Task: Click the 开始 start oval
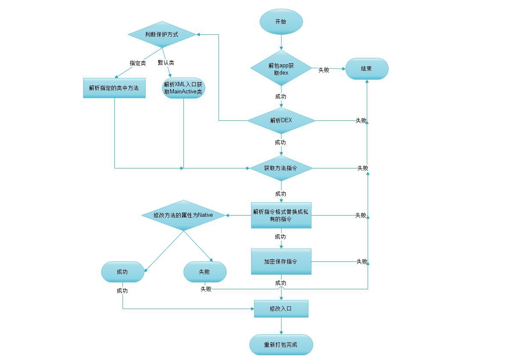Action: (281, 21)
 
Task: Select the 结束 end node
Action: (367, 69)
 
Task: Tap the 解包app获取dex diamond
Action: (281, 68)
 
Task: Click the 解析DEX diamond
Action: (281, 120)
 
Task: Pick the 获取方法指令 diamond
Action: (281, 168)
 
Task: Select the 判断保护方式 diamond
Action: (162, 34)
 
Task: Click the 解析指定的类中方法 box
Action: (114, 88)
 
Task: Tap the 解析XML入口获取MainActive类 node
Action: (183, 88)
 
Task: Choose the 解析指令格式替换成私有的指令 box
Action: (281, 215)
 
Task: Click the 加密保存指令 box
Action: (281, 261)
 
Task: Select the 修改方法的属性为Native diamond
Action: (183, 215)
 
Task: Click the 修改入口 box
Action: (281, 309)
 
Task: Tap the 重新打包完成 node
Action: (281, 345)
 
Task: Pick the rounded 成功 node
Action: (123, 272)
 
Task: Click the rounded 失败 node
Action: (205, 272)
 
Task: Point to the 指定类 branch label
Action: (138, 63)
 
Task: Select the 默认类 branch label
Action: (166, 63)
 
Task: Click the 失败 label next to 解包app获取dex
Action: (323, 70)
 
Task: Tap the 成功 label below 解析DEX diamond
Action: (281, 143)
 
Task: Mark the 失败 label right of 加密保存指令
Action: (362, 261)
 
